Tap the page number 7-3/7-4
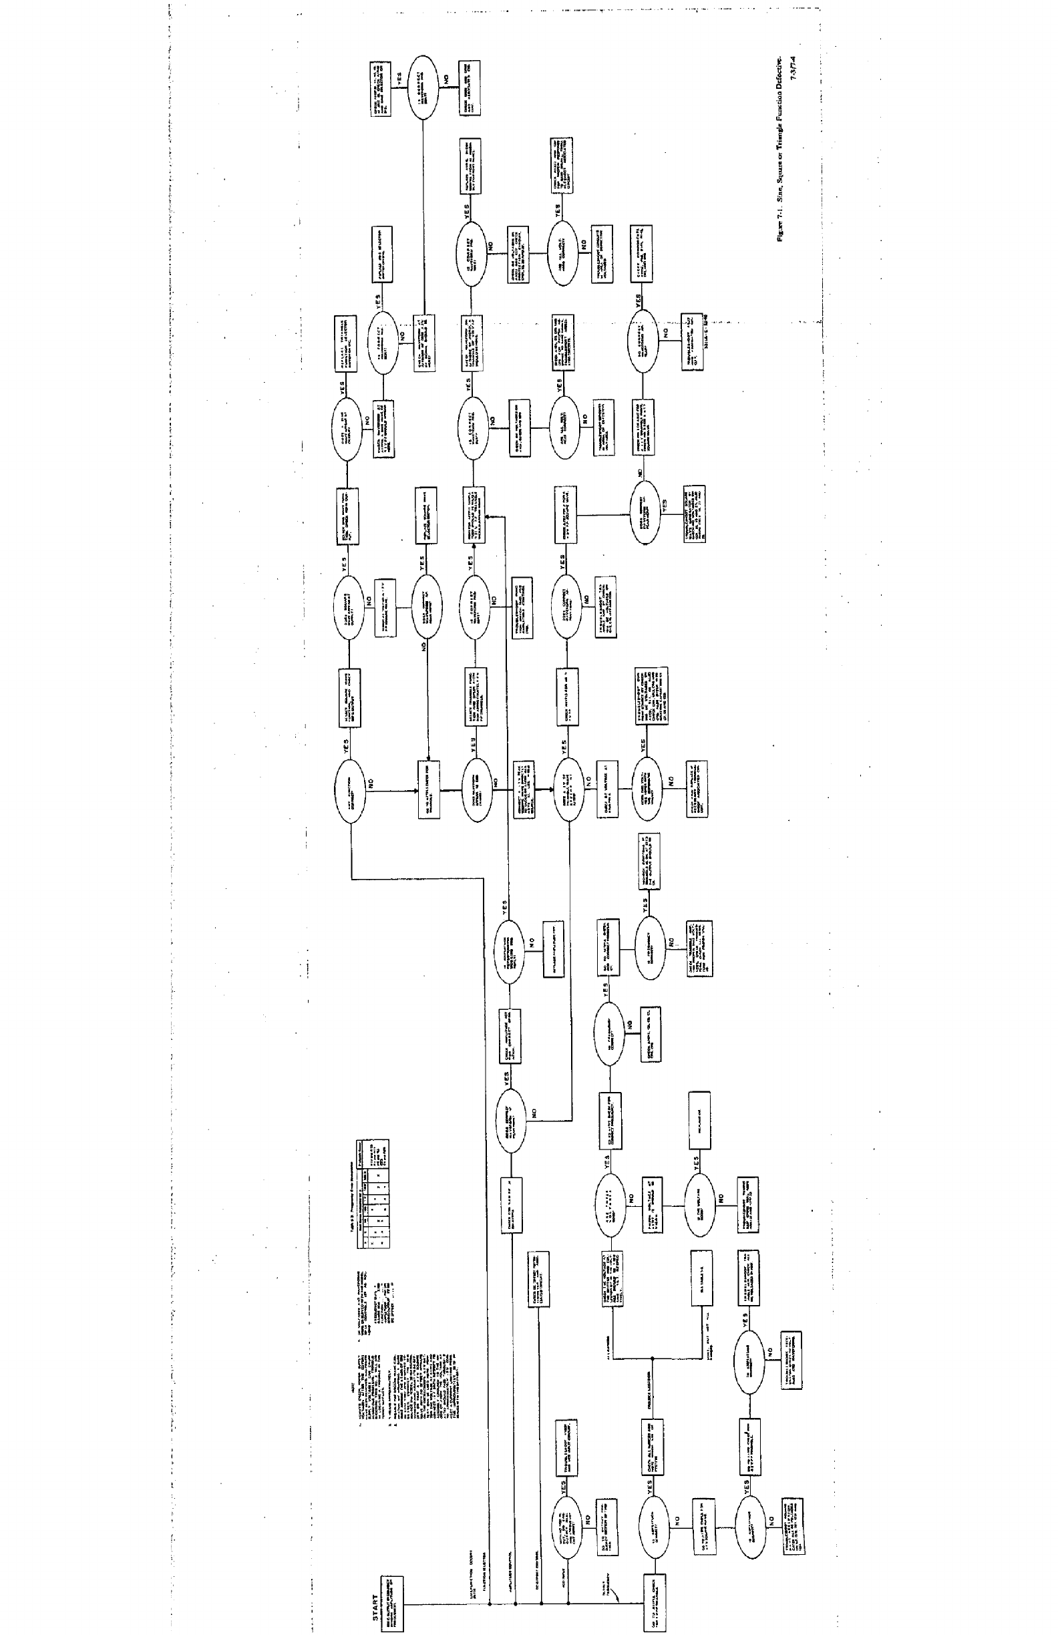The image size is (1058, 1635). click(x=796, y=69)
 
